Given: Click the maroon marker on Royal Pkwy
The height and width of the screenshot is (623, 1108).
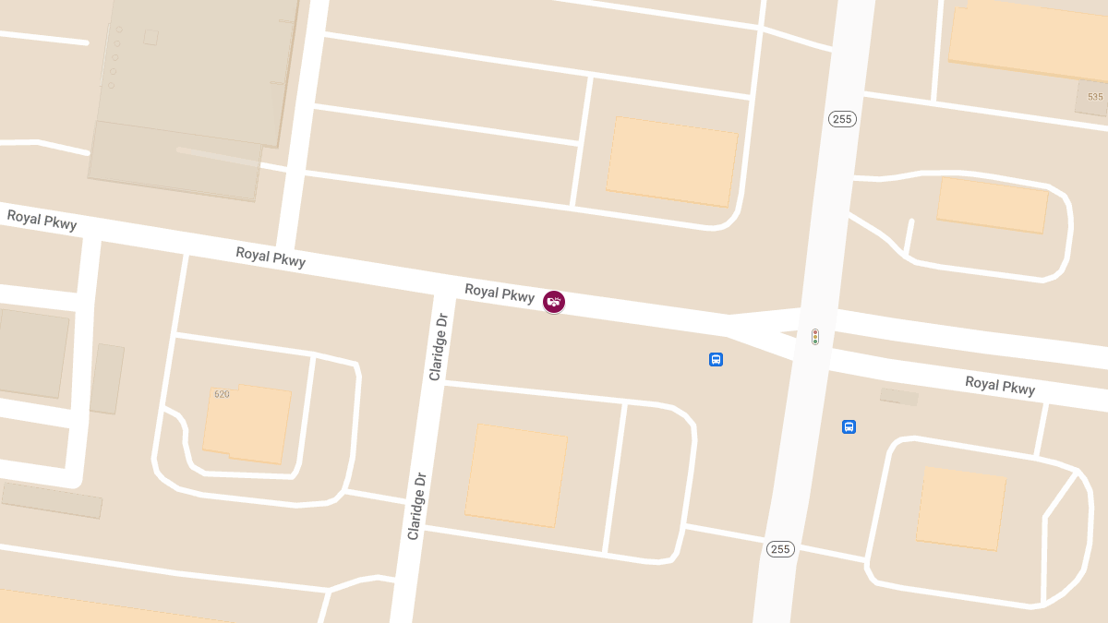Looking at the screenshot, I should pyautogui.click(x=554, y=301).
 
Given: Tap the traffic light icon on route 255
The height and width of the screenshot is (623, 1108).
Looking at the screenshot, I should pyautogui.click(x=815, y=337).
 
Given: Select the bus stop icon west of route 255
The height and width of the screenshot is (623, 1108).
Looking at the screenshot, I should pyautogui.click(x=716, y=359).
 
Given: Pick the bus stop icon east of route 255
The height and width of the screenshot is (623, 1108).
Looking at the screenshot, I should pyautogui.click(x=849, y=426).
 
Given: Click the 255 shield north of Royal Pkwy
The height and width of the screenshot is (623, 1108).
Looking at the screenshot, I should pyautogui.click(x=842, y=119).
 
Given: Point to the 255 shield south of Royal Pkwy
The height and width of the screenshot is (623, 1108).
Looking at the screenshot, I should pyautogui.click(x=780, y=549).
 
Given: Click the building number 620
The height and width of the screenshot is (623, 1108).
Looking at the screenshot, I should pyautogui.click(x=222, y=394).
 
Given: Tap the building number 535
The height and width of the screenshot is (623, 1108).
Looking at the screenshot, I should pyautogui.click(x=1095, y=97).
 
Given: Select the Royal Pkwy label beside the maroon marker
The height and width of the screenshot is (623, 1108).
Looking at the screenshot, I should pyautogui.click(x=500, y=293).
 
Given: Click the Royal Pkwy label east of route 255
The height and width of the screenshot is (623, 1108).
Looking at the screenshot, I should pyautogui.click(x=1000, y=385).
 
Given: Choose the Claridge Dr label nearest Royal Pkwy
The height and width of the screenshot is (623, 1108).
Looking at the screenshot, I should pyautogui.click(x=438, y=346).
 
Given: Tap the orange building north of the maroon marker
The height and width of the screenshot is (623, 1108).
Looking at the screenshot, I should pyautogui.click(x=671, y=162).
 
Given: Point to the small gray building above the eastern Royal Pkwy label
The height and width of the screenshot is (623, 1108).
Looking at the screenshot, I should pyautogui.click(x=898, y=397).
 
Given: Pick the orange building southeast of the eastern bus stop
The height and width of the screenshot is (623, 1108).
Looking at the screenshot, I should pyautogui.click(x=960, y=508).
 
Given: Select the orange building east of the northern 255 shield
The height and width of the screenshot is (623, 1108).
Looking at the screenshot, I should pyautogui.click(x=992, y=205).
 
